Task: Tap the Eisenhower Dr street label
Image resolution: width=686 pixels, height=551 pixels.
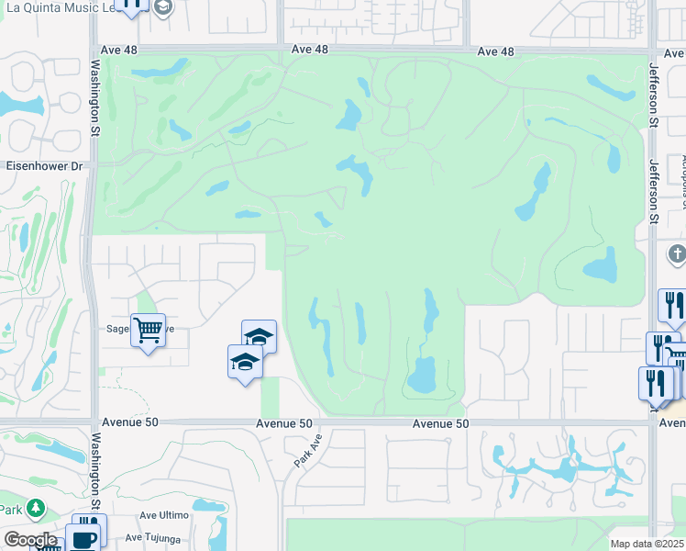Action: click(x=44, y=167)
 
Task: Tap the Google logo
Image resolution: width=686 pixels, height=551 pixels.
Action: click(x=29, y=540)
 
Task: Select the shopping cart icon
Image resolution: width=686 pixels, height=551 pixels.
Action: click(x=147, y=329)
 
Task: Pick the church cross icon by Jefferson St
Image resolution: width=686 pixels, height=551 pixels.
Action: click(x=676, y=253)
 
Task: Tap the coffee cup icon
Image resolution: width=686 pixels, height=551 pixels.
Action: click(x=84, y=540)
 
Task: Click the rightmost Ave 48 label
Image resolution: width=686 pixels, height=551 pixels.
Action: click(x=495, y=51)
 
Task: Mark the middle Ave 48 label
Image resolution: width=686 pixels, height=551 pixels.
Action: click(x=309, y=51)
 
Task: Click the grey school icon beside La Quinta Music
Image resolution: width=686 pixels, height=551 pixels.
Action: click(x=162, y=8)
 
